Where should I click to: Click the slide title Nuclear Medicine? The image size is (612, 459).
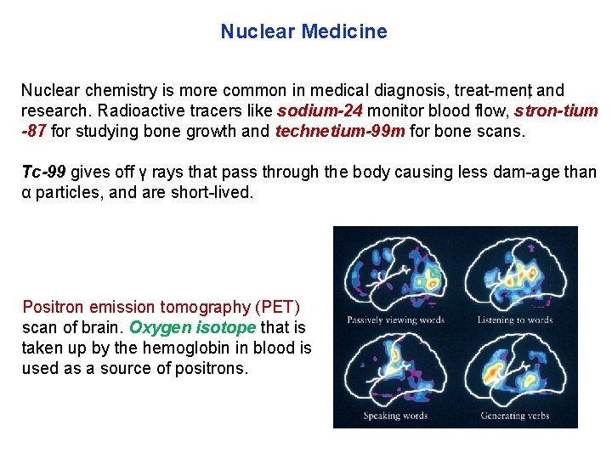(303, 32)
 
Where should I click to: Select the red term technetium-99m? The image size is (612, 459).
(340, 132)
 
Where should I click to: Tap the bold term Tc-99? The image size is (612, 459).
(43, 173)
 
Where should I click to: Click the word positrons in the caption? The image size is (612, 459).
(212, 368)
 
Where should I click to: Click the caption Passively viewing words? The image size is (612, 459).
(395, 320)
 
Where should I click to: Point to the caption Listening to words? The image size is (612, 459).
(516, 320)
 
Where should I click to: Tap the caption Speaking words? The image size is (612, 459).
(394, 416)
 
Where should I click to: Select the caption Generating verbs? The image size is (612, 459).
(515, 416)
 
